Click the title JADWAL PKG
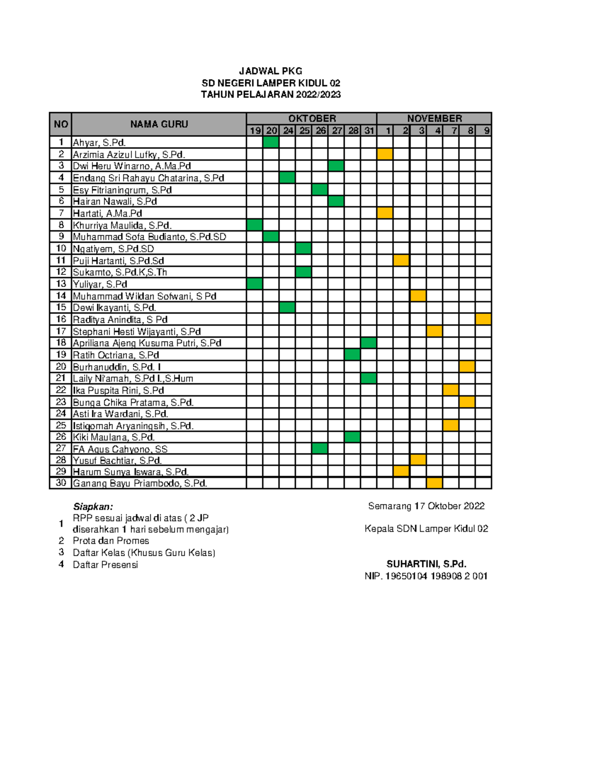(x=270, y=71)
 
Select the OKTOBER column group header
(x=312, y=118)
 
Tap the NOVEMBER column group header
(x=434, y=118)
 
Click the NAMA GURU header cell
(x=159, y=124)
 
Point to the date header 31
(x=369, y=130)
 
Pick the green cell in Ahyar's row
(x=271, y=142)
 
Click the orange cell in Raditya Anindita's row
(x=483, y=320)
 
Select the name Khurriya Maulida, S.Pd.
(x=122, y=225)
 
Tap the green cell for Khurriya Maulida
(x=255, y=225)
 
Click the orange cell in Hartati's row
(x=385, y=213)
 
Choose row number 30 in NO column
(x=61, y=483)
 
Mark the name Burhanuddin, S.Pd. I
(x=117, y=367)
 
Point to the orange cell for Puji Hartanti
(x=401, y=260)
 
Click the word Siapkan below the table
(x=93, y=506)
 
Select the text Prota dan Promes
(x=111, y=541)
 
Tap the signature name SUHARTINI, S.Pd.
(x=426, y=564)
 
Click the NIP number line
(x=426, y=576)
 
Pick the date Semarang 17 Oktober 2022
(x=426, y=506)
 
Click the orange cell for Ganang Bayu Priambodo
(x=434, y=483)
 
